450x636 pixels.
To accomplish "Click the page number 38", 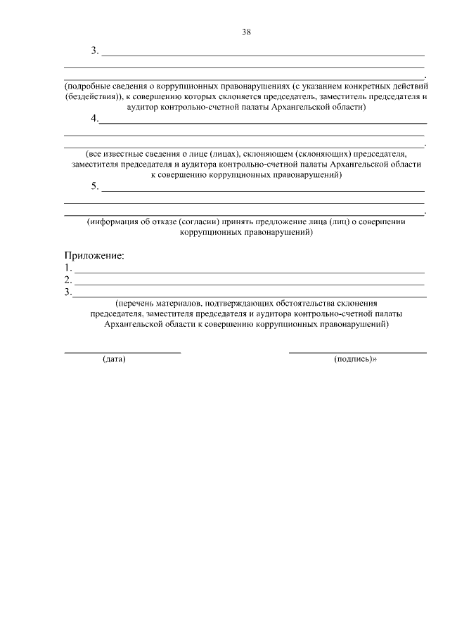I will (246, 32).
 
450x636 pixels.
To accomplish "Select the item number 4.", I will (94, 119).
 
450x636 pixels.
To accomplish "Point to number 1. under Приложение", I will (67, 268).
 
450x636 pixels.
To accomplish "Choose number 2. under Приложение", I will (67, 280).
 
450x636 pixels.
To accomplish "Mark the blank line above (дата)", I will (122, 351).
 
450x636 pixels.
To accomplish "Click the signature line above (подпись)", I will (357, 351).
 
